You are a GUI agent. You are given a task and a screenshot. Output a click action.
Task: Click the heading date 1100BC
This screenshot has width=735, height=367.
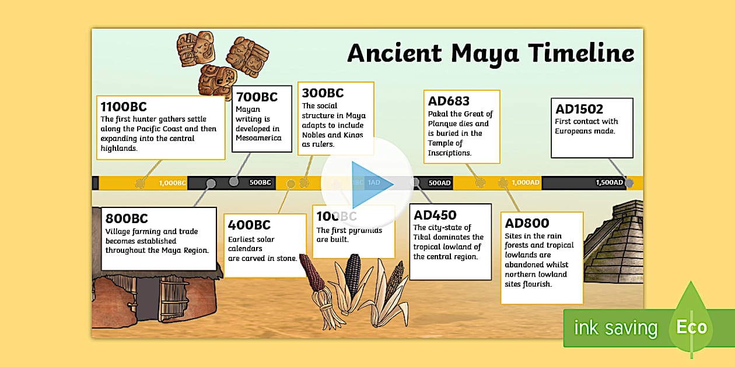pos(123,107)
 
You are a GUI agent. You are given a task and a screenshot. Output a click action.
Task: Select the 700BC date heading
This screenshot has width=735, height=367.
pos(256,97)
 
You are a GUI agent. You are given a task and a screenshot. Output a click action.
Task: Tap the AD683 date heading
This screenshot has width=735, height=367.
pos(449,101)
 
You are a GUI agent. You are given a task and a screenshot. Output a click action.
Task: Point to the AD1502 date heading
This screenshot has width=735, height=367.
pos(579,109)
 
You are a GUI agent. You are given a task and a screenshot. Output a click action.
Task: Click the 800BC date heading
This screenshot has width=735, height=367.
pos(127,218)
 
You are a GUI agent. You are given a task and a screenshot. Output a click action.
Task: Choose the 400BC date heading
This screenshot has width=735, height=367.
pos(249,225)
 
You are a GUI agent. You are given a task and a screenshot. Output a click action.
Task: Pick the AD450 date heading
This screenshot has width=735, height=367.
pos(435,215)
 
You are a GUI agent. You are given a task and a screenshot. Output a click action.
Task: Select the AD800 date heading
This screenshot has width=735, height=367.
pos(527,223)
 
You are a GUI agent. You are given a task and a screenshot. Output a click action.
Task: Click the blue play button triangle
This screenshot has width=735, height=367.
pos(369,183)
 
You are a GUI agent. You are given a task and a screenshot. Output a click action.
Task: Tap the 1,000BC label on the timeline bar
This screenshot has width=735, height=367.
pos(172,183)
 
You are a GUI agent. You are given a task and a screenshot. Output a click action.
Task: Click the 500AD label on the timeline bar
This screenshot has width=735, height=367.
pos(440,183)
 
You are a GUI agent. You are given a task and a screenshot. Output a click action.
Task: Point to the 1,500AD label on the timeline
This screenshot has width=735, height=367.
pos(610,183)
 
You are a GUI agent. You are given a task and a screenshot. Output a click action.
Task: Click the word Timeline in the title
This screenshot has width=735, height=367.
pos(581,53)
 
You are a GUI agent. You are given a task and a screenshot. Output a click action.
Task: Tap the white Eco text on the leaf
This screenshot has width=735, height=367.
pos(691,327)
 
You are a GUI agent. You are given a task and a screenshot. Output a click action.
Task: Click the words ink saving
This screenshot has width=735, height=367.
pos(615,328)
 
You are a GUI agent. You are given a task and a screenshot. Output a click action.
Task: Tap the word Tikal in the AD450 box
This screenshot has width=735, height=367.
pos(423,237)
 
